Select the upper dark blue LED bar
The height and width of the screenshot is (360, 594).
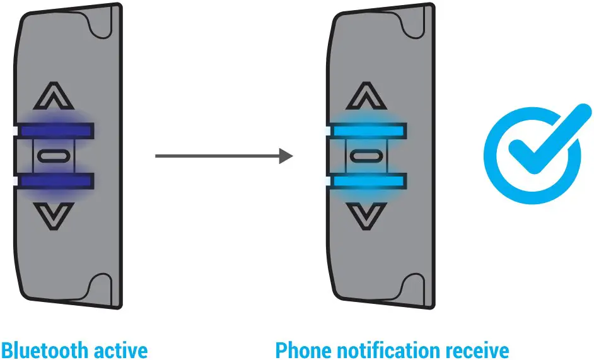tap(56, 131)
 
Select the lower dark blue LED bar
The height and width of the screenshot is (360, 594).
tap(56, 182)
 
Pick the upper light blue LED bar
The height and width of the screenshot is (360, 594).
tap(368, 131)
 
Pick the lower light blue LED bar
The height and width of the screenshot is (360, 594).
tap(368, 182)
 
